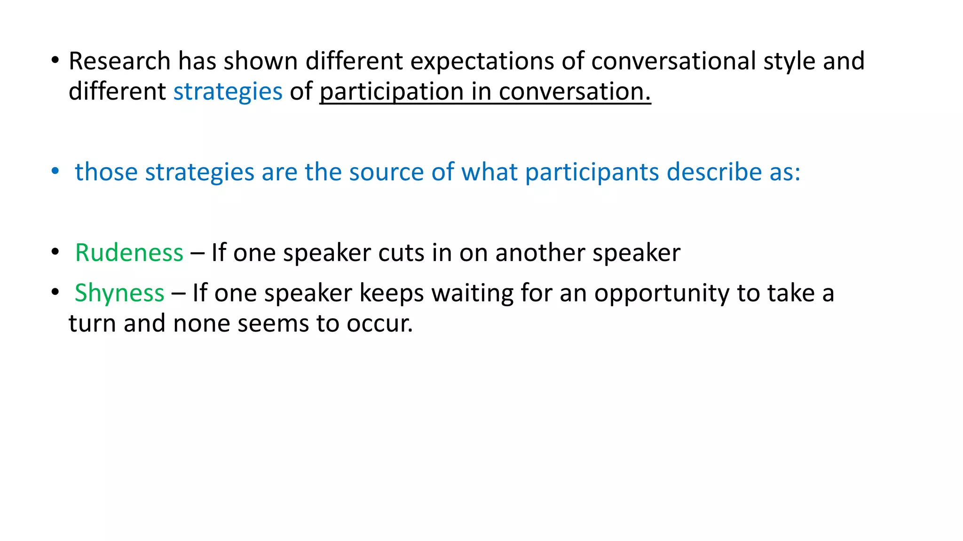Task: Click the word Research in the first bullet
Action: [x=119, y=61]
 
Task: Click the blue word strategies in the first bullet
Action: [x=228, y=92]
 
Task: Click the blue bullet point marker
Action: [x=55, y=171]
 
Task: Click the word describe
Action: [x=714, y=172]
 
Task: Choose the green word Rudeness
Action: [x=129, y=253]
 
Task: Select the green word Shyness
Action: [x=119, y=293]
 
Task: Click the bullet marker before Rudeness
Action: [x=55, y=252]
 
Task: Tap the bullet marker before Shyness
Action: [x=55, y=292]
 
